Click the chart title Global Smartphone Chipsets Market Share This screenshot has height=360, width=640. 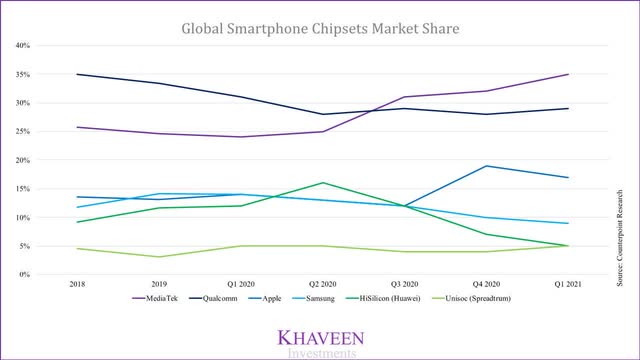(x=320, y=28)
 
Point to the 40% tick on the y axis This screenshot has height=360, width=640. (x=24, y=46)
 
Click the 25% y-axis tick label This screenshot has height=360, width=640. (x=24, y=132)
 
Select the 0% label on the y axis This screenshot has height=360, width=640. (x=27, y=275)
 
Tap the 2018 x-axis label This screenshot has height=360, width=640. (x=77, y=284)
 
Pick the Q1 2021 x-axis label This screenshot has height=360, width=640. (x=568, y=284)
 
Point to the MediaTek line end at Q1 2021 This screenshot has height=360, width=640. (x=568, y=75)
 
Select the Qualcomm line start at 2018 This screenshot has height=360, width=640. (x=77, y=74)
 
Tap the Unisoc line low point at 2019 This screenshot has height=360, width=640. (x=159, y=257)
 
